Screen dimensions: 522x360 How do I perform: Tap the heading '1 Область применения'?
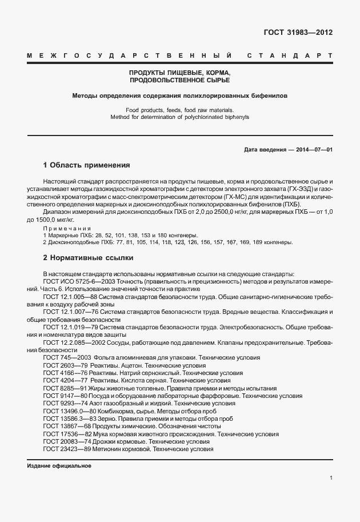[86, 165]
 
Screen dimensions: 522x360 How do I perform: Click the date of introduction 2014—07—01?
[314, 149]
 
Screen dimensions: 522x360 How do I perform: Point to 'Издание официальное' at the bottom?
[59, 465]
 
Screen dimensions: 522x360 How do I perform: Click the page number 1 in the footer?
[331, 478]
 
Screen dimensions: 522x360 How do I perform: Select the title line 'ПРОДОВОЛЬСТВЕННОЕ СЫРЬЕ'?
[180, 81]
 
